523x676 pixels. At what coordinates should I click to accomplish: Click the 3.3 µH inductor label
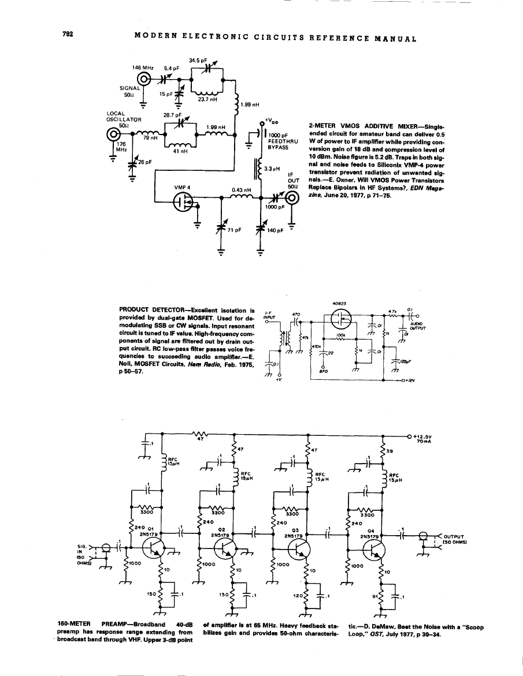[272, 169]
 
